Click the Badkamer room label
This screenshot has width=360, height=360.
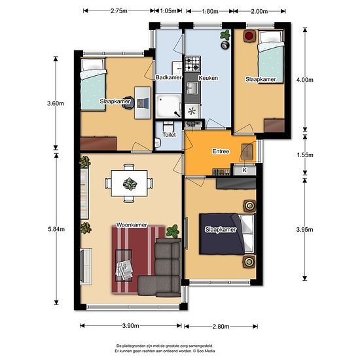[168, 77]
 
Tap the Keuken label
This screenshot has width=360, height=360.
[208, 78]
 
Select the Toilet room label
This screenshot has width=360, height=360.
[170, 135]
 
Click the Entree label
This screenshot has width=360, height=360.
[221, 151]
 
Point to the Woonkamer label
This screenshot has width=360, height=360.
[132, 225]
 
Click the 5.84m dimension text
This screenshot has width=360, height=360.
[56, 229]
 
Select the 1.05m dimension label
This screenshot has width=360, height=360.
[168, 10]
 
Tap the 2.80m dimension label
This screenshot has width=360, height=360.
[221, 326]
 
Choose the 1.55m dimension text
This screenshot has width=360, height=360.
[305, 155]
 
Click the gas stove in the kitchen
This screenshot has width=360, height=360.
[192, 63]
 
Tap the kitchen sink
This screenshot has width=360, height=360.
[192, 88]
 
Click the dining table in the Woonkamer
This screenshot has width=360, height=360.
[129, 183]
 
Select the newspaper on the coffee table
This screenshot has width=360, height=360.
[124, 269]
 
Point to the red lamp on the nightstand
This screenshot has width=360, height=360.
[249, 36]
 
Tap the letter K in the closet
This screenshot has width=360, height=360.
[245, 170]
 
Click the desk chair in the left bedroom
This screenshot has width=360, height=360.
[128, 103]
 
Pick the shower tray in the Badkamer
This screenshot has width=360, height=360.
[168, 106]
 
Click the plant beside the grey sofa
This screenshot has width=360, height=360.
[173, 231]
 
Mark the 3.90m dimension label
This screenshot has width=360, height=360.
[130, 325]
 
